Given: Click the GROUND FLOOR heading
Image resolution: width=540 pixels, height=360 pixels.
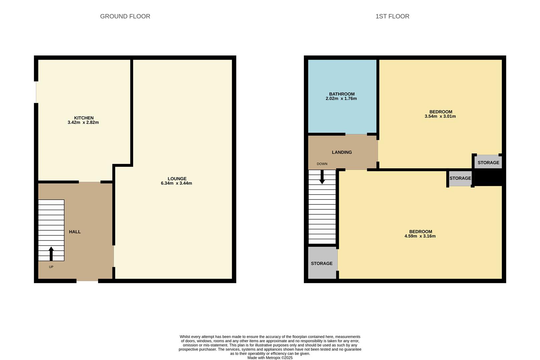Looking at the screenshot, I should tap(125, 16).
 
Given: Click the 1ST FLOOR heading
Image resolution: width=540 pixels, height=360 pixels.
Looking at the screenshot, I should tap(392, 16).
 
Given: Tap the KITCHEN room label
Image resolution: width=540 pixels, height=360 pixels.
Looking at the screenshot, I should tap(84, 118).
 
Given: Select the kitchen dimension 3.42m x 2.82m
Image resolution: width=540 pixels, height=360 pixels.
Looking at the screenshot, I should tap(83, 122).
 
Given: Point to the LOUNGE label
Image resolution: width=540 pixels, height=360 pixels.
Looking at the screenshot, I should tap(177, 179).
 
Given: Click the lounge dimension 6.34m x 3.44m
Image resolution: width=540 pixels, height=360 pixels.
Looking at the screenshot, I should tap(176, 183).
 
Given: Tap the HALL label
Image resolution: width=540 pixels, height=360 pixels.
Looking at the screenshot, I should tap(75, 232).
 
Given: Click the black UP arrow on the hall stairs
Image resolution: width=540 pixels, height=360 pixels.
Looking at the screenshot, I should tap(51, 254).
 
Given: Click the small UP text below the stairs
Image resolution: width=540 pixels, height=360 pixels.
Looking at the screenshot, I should tap(51, 267).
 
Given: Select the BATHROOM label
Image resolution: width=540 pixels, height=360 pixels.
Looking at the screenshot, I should tap(342, 94).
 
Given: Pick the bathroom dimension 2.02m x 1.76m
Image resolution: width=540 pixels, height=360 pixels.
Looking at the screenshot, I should tap(341, 99).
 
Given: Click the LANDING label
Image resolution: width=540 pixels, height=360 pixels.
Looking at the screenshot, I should tap(342, 152).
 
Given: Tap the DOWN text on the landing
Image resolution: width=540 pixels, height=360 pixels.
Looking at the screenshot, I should tap(322, 164).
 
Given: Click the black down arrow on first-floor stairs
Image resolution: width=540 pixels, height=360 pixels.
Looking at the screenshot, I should tap(322, 177).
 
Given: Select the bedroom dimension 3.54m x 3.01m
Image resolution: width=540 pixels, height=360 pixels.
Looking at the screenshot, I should tap(440, 116).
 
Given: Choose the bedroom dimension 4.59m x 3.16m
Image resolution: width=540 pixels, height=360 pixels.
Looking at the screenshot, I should tap(420, 236).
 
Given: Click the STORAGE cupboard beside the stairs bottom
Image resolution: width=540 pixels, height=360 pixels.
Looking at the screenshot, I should tap(322, 263).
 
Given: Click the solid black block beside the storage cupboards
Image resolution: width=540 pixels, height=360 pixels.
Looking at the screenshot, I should tap(488, 177).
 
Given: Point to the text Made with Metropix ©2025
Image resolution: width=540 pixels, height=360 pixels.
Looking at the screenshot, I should tap(270, 358).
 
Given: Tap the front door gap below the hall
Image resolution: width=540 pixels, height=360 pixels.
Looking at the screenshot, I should tap(87, 281).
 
